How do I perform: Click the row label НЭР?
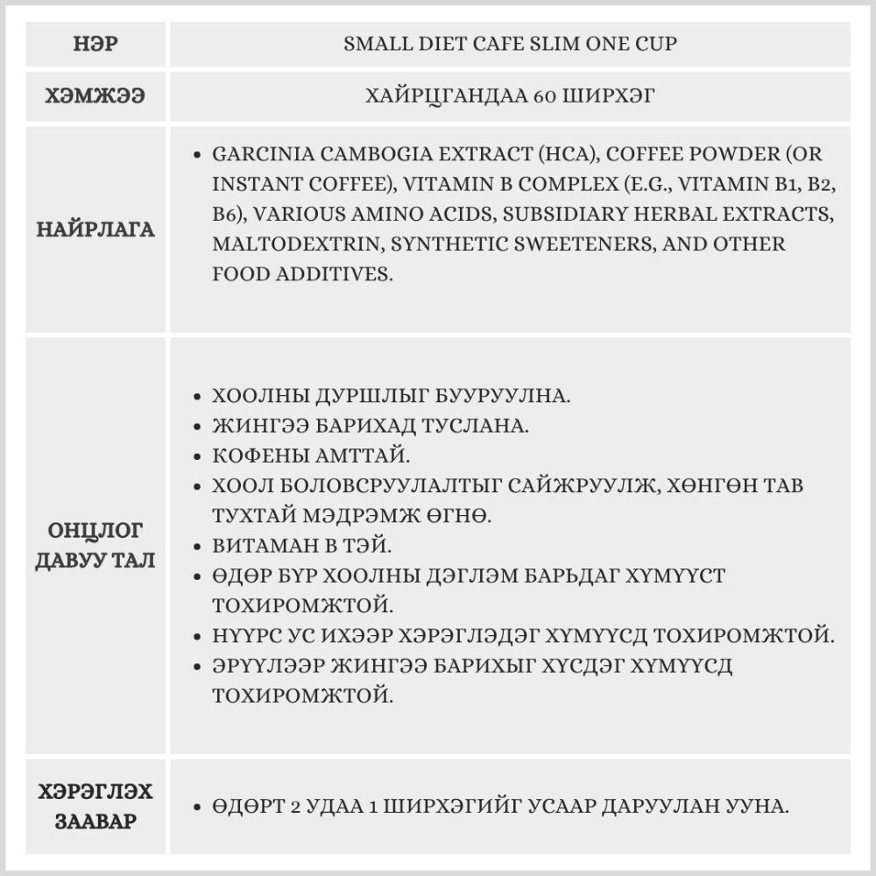(95, 44)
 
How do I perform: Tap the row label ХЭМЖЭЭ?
(95, 96)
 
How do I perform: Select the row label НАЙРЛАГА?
(95, 230)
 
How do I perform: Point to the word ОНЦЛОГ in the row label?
(95, 531)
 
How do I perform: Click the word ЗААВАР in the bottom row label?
(95, 822)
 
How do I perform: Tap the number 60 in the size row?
(544, 96)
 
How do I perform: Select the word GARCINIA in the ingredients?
(263, 153)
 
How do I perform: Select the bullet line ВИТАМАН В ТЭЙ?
(302, 545)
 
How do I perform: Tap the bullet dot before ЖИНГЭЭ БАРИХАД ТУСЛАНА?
(197, 427)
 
